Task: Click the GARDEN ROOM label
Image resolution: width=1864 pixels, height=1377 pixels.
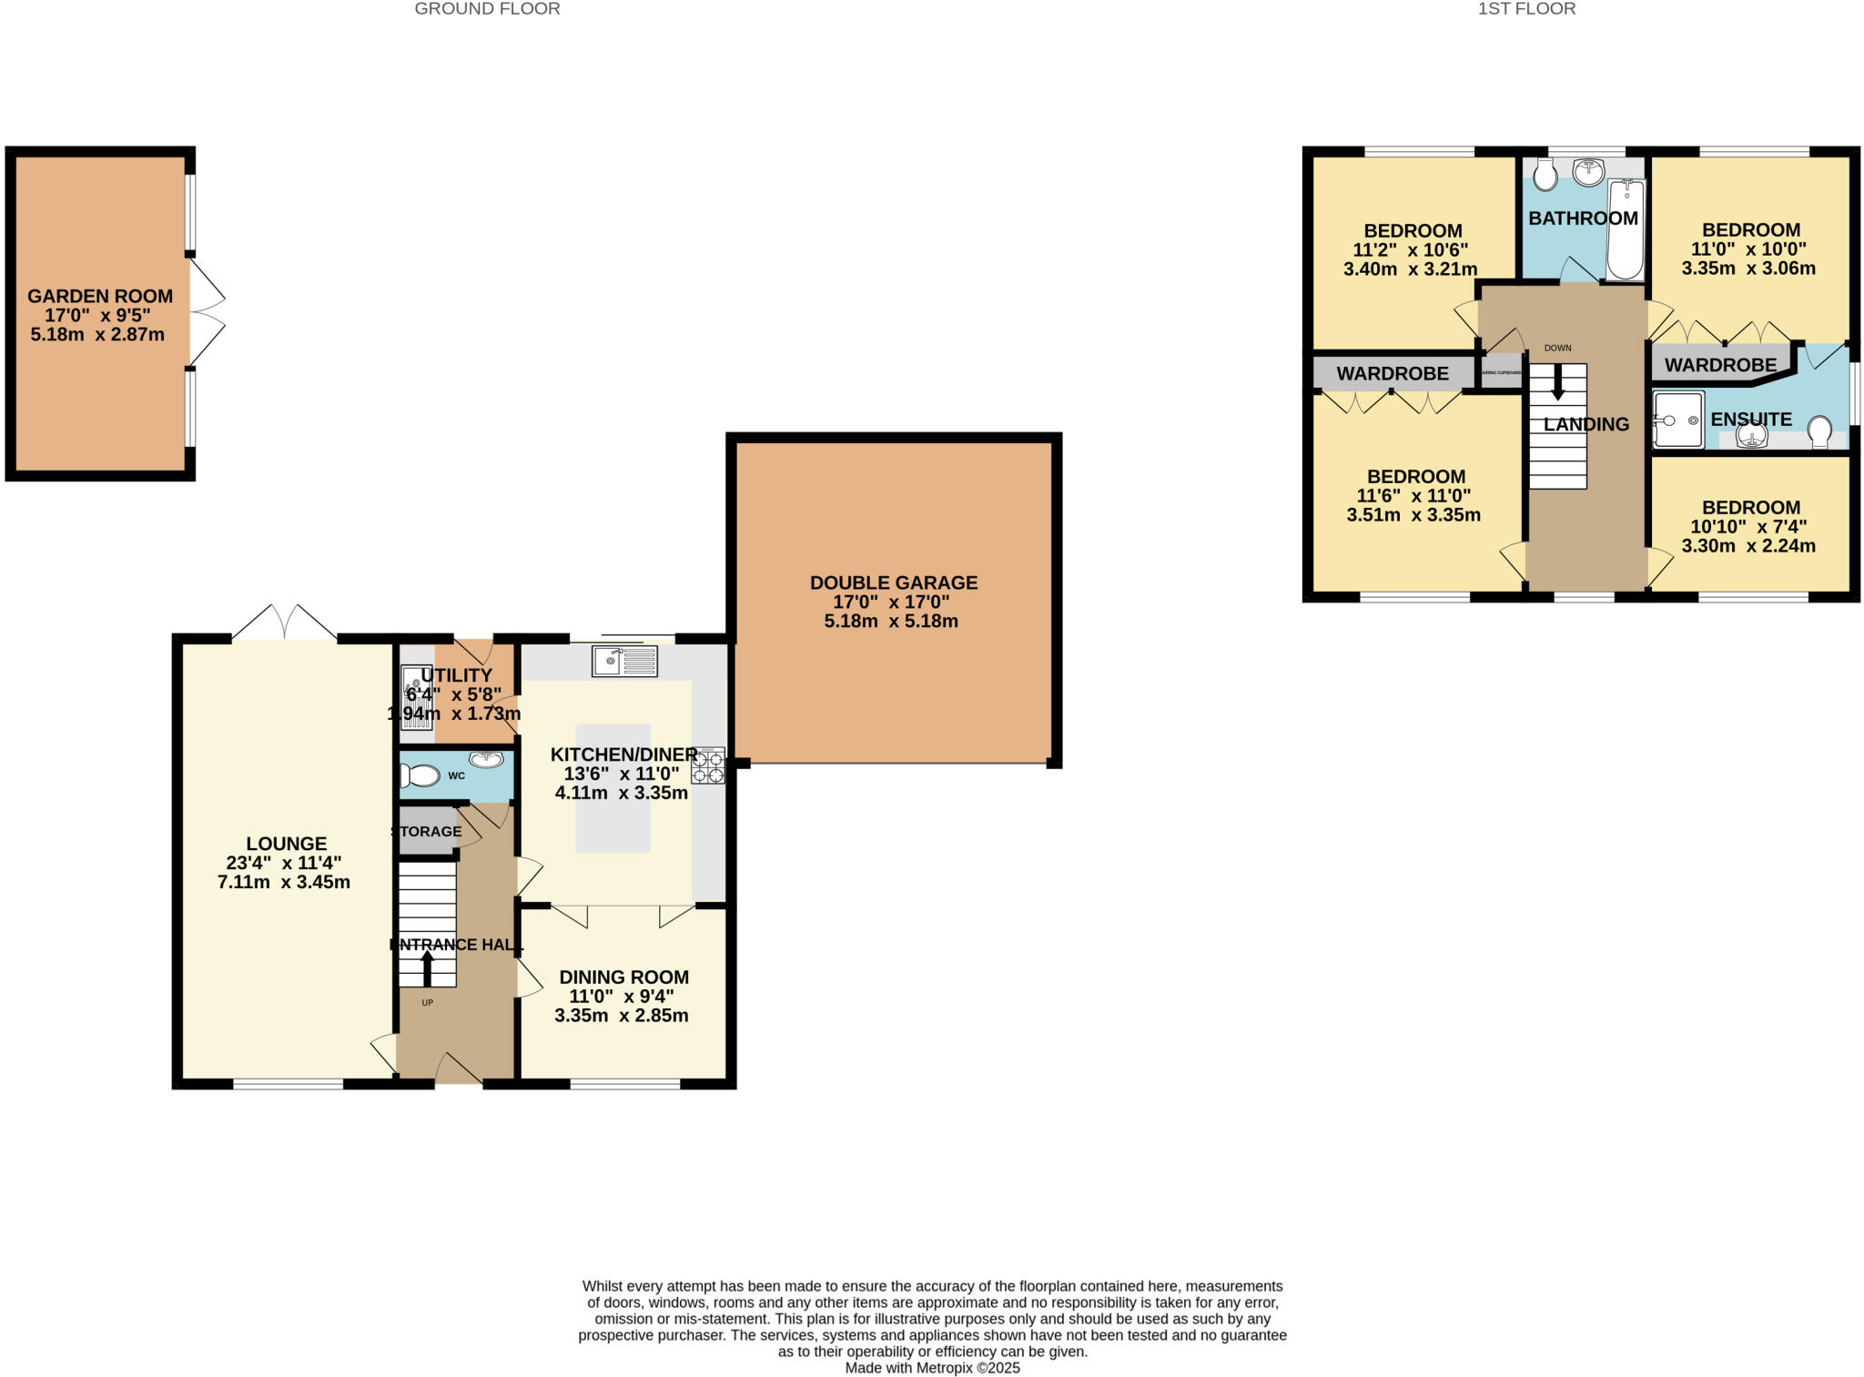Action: pos(100,297)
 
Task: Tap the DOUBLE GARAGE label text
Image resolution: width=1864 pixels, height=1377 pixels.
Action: pos(894,582)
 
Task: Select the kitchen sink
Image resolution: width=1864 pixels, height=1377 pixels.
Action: pos(624,661)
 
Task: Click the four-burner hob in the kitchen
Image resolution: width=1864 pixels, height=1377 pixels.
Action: pos(708,765)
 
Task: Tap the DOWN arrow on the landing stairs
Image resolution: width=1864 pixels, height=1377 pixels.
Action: pos(1557,381)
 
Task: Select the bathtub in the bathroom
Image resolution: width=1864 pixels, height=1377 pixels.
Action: pos(1626,228)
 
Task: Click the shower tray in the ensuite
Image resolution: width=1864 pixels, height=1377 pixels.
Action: pos(1678,420)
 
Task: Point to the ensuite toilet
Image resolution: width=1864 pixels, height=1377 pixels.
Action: pos(1820,431)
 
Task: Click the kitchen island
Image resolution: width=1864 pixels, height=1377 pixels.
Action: pos(613,788)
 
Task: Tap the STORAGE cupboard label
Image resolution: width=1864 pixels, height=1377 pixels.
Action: pos(427,831)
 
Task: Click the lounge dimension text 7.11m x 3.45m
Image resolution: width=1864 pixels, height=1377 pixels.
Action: pos(284,882)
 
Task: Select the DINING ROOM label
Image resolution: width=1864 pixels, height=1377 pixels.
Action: pos(623,977)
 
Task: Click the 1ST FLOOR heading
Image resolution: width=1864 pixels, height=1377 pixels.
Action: pos(1526,9)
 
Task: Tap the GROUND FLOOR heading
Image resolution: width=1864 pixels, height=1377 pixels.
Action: pos(487,9)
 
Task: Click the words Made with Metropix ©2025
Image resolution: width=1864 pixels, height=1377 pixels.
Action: pos(932,1368)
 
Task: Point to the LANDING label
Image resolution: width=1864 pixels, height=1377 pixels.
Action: pos(1586,424)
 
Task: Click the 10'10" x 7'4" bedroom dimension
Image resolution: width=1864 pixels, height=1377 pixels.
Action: pos(1748,527)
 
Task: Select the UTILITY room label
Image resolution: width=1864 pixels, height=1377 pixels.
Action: pos(456,675)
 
